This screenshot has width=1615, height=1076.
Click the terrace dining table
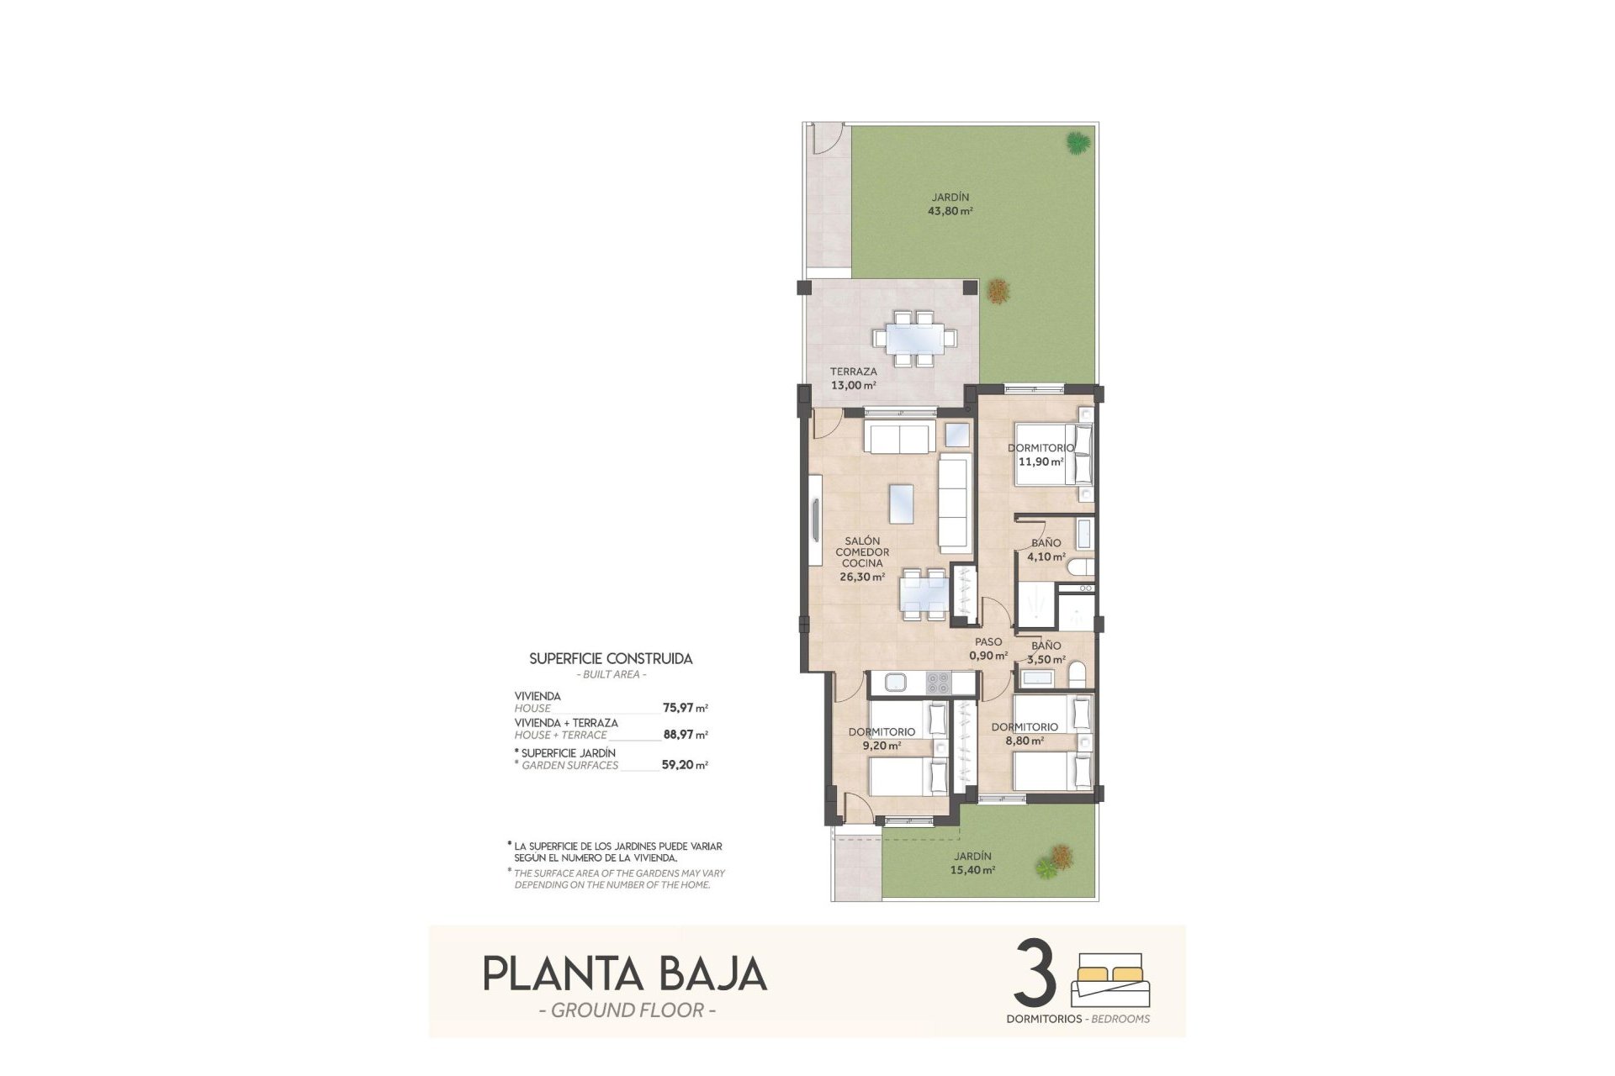915,338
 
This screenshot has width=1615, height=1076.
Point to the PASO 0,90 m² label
988,649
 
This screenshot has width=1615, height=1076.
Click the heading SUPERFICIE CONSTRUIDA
611,659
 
